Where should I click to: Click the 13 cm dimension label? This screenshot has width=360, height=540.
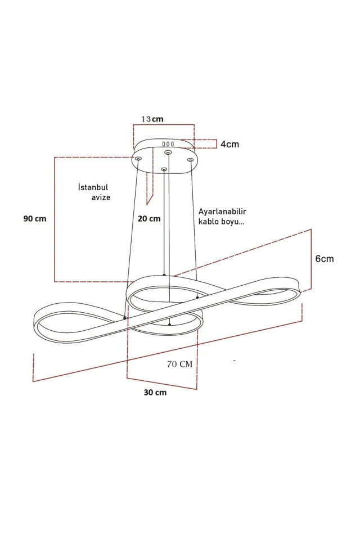[x=152, y=119]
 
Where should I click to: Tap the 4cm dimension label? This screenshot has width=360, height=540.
[x=229, y=145]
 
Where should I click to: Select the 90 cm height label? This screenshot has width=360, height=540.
[x=35, y=219]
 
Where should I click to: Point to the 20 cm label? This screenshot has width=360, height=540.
[x=149, y=219]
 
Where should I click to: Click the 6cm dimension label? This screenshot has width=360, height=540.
[x=325, y=259]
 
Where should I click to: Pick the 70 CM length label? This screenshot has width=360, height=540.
[x=180, y=364]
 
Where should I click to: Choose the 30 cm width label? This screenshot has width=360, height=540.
[x=155, y=393]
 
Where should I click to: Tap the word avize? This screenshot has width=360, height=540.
[x=101, y=197]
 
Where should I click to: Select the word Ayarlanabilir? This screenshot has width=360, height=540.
[x=222, y=211]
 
